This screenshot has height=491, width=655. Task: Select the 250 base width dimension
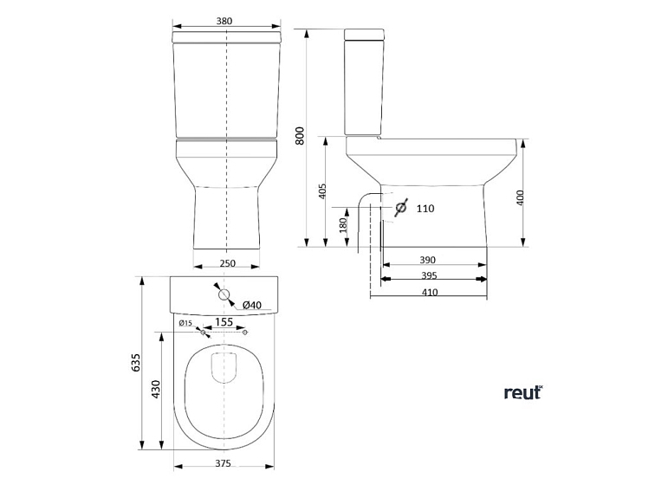point(226,264)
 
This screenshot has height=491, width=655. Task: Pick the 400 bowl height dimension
point(520,197)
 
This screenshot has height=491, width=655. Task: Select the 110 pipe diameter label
point(425,209)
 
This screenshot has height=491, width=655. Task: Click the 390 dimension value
point(428,260)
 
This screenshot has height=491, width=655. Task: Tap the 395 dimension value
point(428,275)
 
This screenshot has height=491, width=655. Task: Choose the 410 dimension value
point(428,292)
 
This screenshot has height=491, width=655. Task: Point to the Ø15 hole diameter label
point(185,323)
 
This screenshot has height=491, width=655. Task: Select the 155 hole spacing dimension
point(224,322)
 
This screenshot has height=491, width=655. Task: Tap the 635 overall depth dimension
point(135,364)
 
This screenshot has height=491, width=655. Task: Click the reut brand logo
point(522,393)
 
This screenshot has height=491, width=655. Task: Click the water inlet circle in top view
point(224,295)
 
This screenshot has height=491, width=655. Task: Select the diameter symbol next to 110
point(400,209)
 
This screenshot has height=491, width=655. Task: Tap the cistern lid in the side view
point(364,35)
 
